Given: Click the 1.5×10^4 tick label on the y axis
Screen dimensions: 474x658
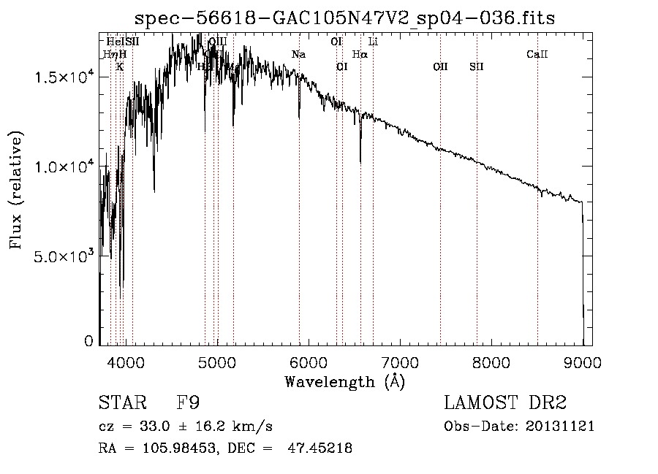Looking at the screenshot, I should tap(64, 77).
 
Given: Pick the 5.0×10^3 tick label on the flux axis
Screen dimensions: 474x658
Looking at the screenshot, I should tap(64, 257).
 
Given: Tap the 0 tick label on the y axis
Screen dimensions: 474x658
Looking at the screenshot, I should tap(89, 341).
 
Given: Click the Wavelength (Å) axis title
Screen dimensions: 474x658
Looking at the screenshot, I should tap(344, 381).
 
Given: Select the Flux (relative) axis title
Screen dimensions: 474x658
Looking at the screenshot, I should tap(17, 190).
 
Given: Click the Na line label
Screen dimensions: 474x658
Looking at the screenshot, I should tap(298, 55).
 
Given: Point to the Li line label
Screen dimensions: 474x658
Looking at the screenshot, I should tap(373, 42).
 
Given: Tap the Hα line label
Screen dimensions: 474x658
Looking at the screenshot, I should tap(360, 54).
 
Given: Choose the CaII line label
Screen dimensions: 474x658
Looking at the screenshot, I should tap(537, 54).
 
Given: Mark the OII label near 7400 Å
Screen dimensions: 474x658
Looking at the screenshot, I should tap(440, 66).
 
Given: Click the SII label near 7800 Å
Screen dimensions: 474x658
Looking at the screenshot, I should tap(477, 66).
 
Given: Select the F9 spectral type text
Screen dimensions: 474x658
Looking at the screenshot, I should tap(189, 403).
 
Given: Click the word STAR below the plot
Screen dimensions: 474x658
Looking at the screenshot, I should tap(121, 403).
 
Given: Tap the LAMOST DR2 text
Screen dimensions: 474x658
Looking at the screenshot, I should tap(505, 403).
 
